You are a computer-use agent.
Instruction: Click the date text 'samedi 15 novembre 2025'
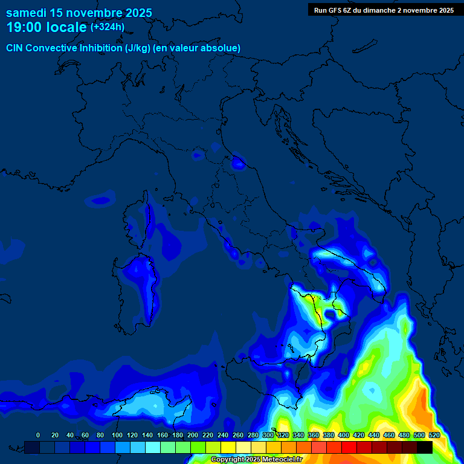(79, 13)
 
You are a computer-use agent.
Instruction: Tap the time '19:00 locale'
(47, 27)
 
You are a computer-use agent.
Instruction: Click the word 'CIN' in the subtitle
(16, 48)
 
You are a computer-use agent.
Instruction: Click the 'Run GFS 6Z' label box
(384, 10)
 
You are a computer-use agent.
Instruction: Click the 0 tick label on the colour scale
(38, 435)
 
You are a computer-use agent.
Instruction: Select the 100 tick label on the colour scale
(117, 435)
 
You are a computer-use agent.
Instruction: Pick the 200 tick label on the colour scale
(193, 435)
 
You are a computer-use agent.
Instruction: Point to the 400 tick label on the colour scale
(344, 435)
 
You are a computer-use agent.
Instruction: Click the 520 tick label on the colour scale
(434, 435)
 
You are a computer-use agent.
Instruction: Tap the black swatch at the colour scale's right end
(425, 447)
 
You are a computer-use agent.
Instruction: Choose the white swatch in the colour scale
(243, 447)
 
